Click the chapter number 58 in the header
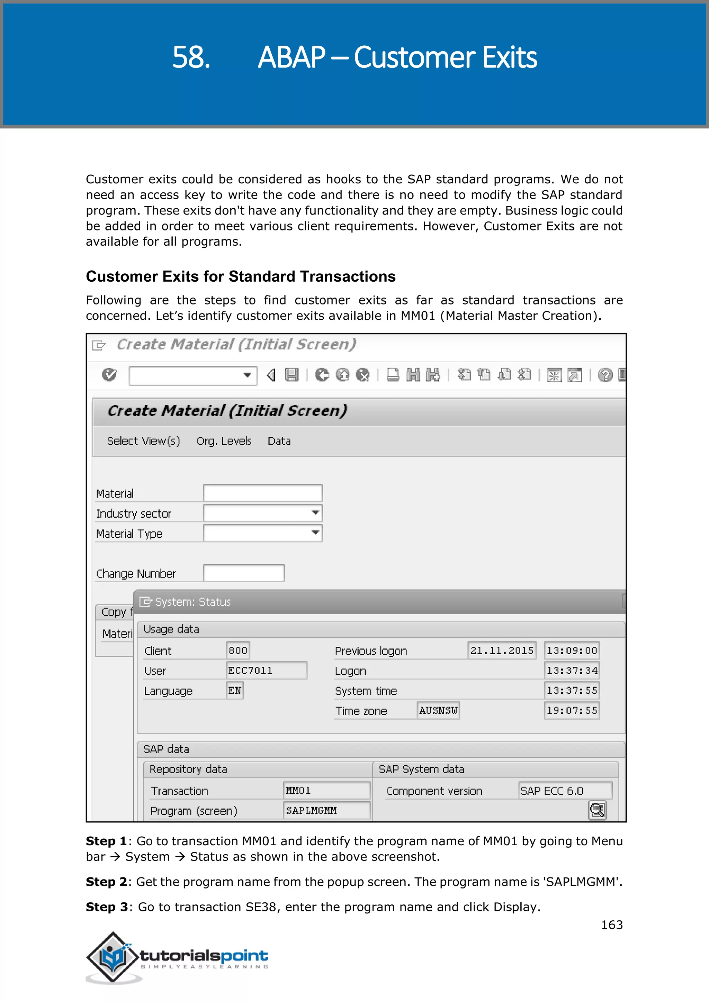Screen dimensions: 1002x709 click(x=191, y=57)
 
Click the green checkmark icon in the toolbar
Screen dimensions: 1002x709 click(x=109, y=374)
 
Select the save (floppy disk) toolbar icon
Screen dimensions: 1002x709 click(x=291, y=375)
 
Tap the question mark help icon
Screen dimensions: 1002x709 click(x=605, y=375)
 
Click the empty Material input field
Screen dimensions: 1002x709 click(x=263, y=493)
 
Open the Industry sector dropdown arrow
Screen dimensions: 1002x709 click(x=315, y=513)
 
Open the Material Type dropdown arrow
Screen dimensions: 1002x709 click(x=315, y=533)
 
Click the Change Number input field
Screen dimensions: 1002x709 click(x=244, y=573)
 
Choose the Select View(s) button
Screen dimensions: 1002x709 click(x=143, y=441)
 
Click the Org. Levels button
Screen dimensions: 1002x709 click(x=224, y=441)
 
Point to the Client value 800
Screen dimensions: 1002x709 click(x=238, y=650)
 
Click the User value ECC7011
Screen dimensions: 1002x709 click(x=266, y=670)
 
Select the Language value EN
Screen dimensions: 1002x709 click(x=234, y=690)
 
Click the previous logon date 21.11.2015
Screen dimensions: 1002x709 click(x=502, y=650)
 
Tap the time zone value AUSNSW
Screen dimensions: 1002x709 click(x=438, y=710)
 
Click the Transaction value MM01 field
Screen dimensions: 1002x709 click(x=326, y=790)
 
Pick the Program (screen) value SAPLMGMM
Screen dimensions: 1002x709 click(x=326, y=810)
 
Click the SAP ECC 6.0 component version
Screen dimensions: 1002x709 click(x=565, y=790)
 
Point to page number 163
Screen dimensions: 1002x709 click(x=612, y=925)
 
